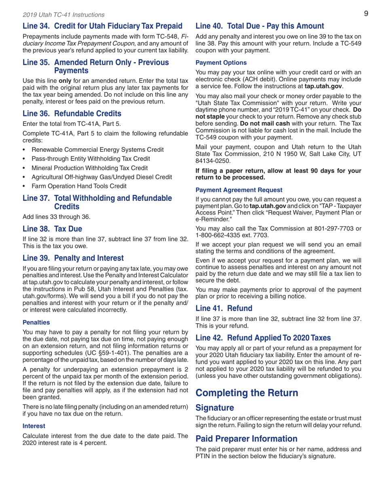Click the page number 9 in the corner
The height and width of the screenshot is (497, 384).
click(365, 14)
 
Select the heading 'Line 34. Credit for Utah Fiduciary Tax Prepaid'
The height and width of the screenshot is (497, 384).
click(103, 27)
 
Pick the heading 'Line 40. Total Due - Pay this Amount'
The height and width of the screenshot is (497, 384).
click(260, 27)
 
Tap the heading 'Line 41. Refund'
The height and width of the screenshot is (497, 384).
click(224, 308)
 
